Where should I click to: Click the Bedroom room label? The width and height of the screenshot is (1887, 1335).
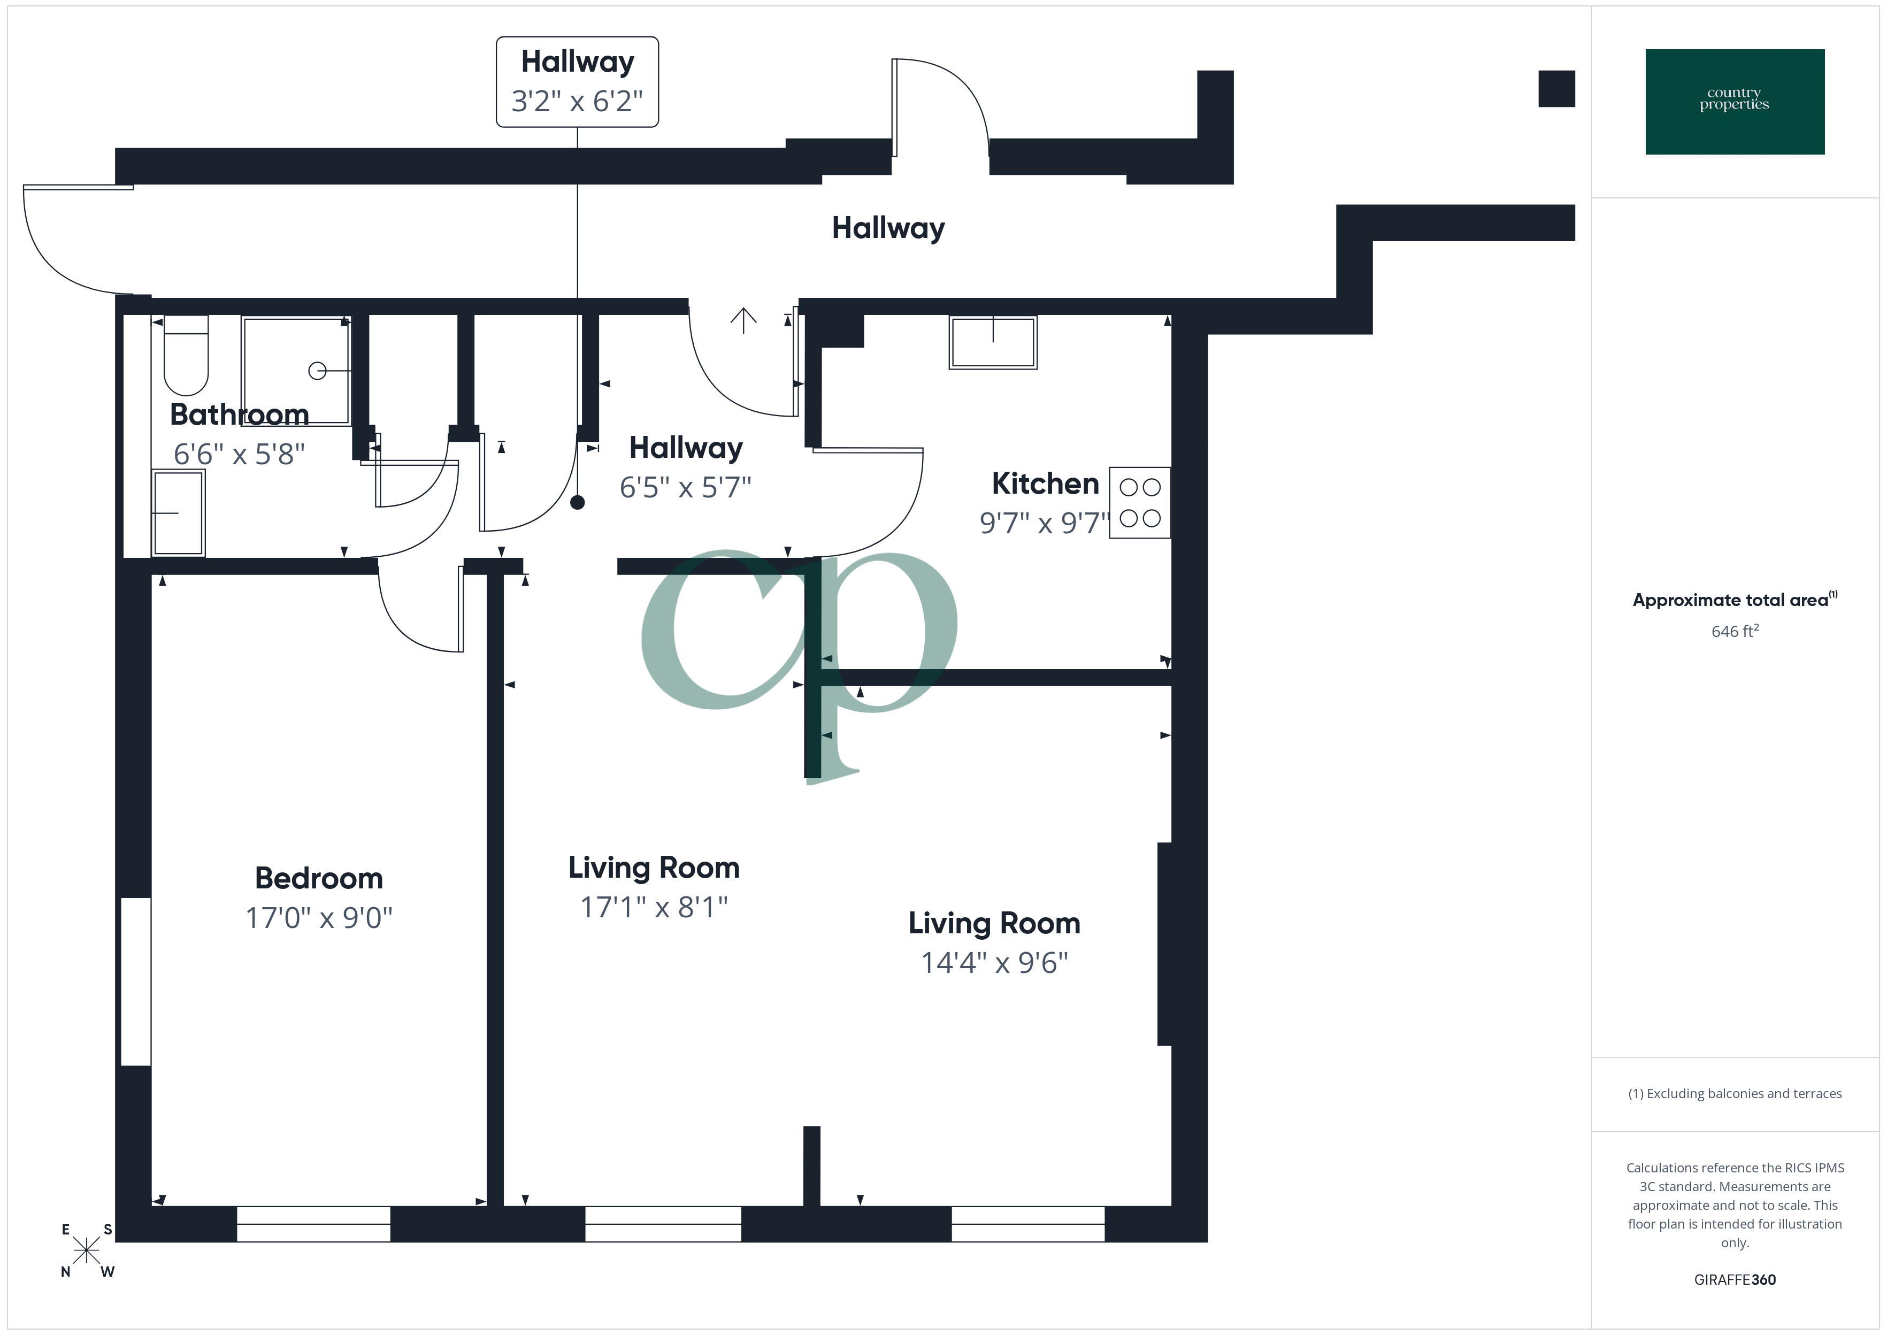319,878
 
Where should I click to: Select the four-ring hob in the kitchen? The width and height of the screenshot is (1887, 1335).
1140,502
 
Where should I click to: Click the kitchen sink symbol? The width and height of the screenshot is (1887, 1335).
993,342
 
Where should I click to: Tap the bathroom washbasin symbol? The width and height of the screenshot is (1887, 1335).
178,513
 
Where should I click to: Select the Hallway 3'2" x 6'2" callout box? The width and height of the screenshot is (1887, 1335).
577,81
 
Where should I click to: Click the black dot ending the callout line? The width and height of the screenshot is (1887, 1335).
578,502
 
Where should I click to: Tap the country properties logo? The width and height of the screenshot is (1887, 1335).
1734,101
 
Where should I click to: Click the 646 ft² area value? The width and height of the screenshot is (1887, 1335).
1734,631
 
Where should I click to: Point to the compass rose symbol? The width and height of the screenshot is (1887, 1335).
86,1250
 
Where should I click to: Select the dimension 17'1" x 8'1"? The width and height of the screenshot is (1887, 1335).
654,907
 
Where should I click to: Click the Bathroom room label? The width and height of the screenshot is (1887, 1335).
239,415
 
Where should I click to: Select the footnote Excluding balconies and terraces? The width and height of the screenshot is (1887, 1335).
1734,1093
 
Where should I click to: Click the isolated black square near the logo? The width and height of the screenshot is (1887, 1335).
1556,89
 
